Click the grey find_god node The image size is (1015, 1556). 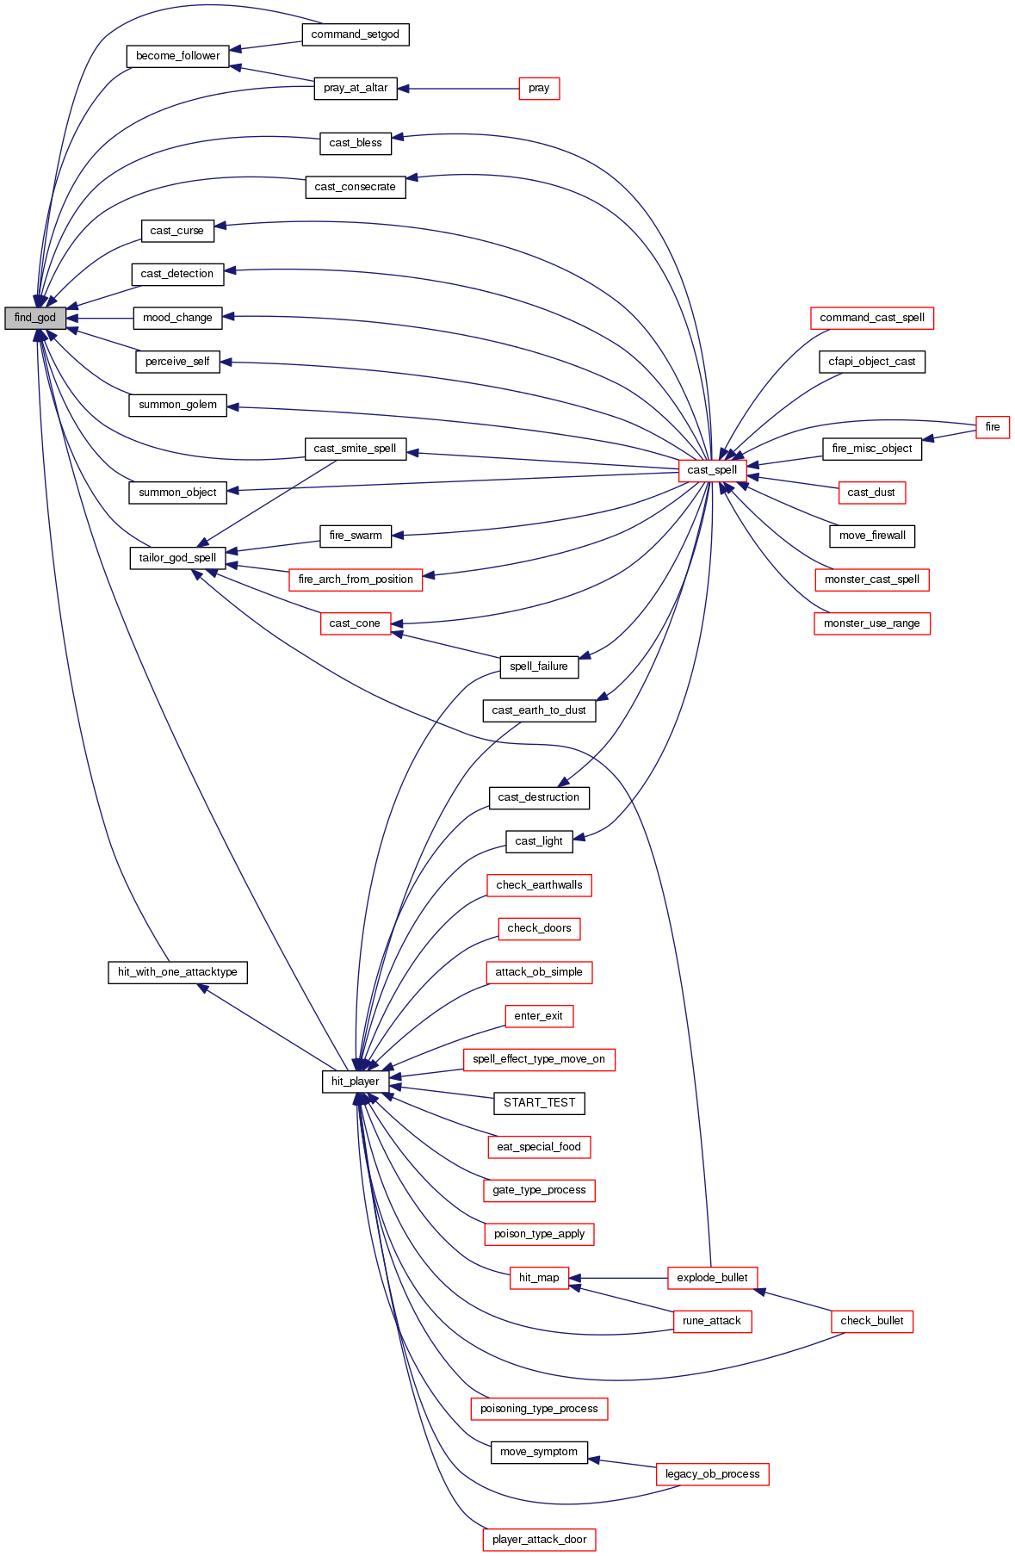tap(35, 318)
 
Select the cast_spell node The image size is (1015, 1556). tap(712, 470)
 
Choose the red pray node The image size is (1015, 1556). tap(539, 88)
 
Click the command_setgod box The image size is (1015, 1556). tap(355, 34)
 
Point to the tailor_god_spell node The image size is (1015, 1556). tap(177, 558)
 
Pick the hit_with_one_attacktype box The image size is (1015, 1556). tap(177, 972)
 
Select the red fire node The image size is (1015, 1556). tap(992, 427)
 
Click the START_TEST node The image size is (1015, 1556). tap(539, 1103)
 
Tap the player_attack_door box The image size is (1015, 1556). tap(539, 1540)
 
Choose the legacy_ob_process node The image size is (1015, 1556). tap(712, 1474)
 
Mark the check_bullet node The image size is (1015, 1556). tap(871, 1321)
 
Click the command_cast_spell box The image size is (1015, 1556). tap(871, 318)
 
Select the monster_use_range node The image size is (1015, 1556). tap(871, 623)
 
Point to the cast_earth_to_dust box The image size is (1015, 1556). tap(539, 710)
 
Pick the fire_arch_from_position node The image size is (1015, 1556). tap(355, 580)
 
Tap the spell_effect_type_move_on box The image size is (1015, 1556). tap(539, 1059)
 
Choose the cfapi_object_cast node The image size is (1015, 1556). tap(871, 362)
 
